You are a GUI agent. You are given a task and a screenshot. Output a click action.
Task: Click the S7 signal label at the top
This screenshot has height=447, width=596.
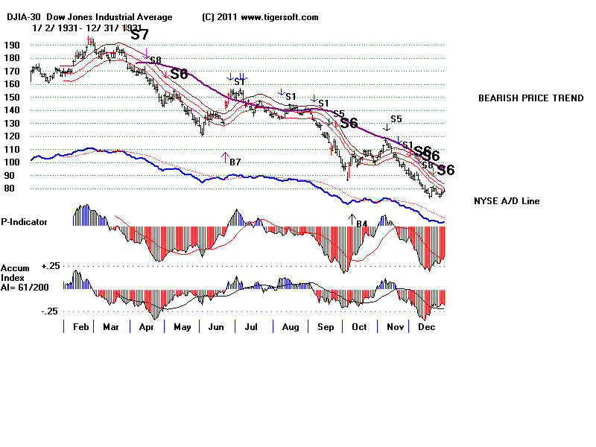[139, 34]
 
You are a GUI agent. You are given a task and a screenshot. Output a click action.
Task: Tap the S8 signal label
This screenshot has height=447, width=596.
[155, 60]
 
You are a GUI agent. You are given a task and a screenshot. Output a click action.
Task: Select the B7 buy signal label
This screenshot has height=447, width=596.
[235, 162]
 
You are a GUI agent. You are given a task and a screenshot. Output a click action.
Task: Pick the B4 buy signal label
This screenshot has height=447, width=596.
[361, 223]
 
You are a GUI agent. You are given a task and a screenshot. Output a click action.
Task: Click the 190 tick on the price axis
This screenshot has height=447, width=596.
[10, 45]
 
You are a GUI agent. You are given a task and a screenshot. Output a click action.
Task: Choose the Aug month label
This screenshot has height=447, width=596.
[288, 327]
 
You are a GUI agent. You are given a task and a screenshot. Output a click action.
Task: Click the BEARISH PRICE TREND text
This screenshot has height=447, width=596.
[530, 98]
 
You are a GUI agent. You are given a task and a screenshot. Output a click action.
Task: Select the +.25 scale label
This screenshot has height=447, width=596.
[50, 265]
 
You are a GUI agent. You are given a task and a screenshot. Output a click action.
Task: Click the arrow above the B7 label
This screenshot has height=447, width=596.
[225, 156]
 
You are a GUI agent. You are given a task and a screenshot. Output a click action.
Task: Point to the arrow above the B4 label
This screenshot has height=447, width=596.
[352, 218]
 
